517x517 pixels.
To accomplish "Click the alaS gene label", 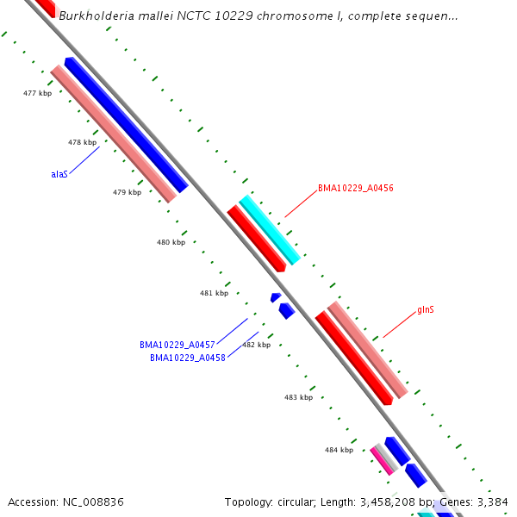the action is click(x=59, y=174).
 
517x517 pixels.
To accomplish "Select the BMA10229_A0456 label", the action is click(x=356, y=188).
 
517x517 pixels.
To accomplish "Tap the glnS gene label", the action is click(x=426, y=309).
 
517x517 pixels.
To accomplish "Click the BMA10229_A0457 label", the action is click(x=178, y=345).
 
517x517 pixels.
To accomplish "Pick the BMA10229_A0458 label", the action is click(x=188, y=358).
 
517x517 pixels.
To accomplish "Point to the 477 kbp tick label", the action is click(x=37, y=93).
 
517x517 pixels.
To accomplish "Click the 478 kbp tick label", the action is click(x=82, y=142).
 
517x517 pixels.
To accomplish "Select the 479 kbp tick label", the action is click(x=127, y=192).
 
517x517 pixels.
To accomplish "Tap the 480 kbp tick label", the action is click(x=171, y=242).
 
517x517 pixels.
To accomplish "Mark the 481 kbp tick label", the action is click(x=214, y=293).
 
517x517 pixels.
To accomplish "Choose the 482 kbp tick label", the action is click(x=256, y=345).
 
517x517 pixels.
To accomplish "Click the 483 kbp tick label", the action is click(x=298, y=397).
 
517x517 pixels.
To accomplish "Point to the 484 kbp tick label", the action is click(x=339, y=450).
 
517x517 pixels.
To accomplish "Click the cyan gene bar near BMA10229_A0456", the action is click(x=270, y=230).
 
